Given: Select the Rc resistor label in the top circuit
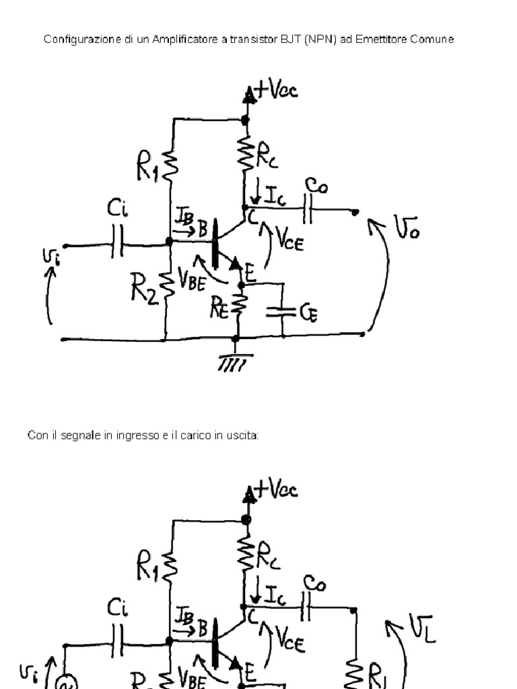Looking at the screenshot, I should (x=267, y=157).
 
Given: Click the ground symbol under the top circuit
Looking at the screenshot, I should (x=236, y=363).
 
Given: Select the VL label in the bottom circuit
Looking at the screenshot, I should (x=418, y=630).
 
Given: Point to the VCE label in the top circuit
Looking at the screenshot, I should (x=290, y=242).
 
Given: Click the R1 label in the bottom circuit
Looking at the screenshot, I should (x=147, y=569).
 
